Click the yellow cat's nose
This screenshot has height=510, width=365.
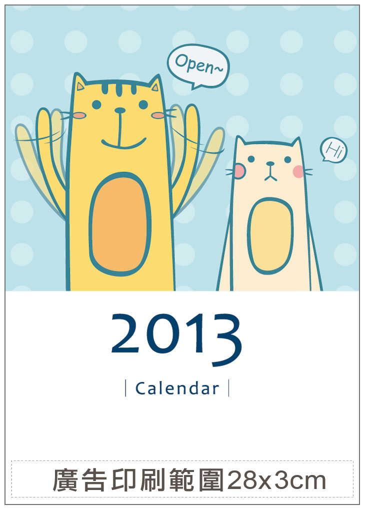120,110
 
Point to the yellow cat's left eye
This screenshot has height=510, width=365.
96,104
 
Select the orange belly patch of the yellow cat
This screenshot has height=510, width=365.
120,224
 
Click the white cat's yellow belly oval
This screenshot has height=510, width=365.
270,235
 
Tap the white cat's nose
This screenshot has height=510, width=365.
270,163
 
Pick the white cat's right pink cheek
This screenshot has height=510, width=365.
298,171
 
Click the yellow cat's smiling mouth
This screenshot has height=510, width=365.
123,143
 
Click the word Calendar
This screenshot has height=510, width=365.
177,388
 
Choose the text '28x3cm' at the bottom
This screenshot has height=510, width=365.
276,480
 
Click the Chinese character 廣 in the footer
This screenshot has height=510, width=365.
65,480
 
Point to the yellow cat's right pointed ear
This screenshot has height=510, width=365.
155,83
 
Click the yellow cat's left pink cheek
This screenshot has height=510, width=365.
78,115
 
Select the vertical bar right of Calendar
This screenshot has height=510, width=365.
228,388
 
